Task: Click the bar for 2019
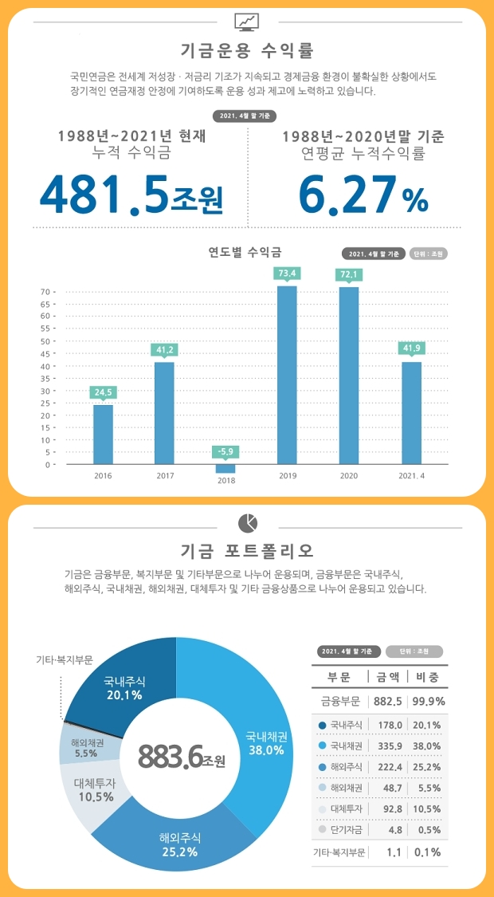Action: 287,375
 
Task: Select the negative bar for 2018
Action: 225,469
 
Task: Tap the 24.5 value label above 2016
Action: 104,392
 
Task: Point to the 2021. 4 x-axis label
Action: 411,476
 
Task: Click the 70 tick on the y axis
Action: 46,292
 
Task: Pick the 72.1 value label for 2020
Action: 349,274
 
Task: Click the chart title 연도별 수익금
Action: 245,253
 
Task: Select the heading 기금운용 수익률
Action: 247,52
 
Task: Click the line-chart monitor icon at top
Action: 246,22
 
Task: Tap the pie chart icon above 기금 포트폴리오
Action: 247,523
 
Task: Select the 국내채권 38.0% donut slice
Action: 263,742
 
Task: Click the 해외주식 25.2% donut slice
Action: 180,844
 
